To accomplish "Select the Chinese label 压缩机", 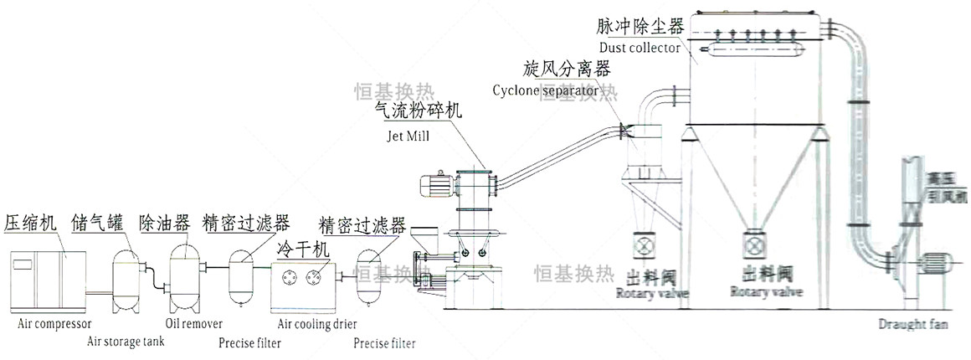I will pos(30,223).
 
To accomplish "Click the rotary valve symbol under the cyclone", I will pos(645,248).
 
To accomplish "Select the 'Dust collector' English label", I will pos(639,48).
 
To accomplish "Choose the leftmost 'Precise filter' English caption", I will pos(249,342).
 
